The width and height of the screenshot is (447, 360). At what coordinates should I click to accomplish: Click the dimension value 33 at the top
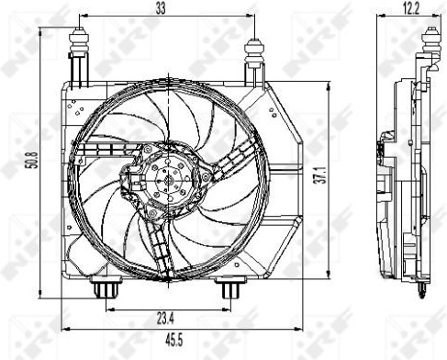click(x=161, y=8)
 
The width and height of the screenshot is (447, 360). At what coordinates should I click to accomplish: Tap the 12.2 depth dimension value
click(x=410, y=8)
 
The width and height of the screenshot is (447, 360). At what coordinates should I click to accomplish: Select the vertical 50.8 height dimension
click(x=33, y=160)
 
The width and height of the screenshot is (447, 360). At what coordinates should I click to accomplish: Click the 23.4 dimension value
click(x=165, y=320)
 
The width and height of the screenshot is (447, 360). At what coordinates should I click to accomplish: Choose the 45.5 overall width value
click(x=173, y=340)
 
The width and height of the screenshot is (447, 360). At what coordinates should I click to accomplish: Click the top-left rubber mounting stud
click(x=80, y=41)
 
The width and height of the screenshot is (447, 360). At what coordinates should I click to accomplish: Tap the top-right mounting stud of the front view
click(x=254, y=52)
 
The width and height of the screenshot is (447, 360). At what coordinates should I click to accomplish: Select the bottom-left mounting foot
click(x=106, y=287)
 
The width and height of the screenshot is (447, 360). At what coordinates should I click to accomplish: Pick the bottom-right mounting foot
click(x=230, y=287)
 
